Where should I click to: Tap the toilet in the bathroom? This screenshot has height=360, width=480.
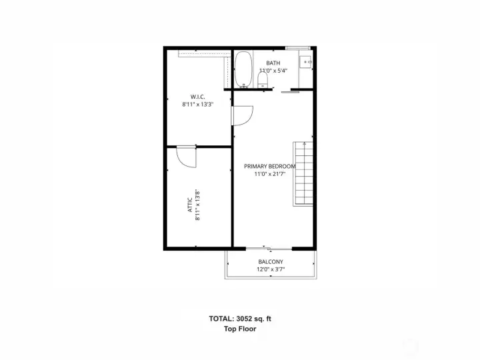[x=263, y=80]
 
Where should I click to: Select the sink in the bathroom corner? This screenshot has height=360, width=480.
[x=307, y=62]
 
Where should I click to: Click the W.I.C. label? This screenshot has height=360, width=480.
[x=197, y=97]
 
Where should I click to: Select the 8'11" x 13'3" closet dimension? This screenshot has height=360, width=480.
[x=197, y=105]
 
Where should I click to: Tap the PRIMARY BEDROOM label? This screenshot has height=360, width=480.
[x=269, y=166]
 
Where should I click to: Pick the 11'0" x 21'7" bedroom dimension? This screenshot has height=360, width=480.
[x=269, y=174]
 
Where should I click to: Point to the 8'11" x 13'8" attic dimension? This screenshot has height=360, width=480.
[x=198, y=206]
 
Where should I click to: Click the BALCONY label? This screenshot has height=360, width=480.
[x=270, y=262]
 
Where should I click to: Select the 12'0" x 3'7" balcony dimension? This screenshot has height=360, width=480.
[x=270, y=270]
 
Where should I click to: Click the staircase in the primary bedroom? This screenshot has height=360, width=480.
[x=303, y=173]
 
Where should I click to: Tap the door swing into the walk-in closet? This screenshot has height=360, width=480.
[x=241, y=115]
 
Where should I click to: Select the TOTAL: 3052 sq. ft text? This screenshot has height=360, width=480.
[x=240, y=319]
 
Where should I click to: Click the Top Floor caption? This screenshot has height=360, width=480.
[x=240, y=329]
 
